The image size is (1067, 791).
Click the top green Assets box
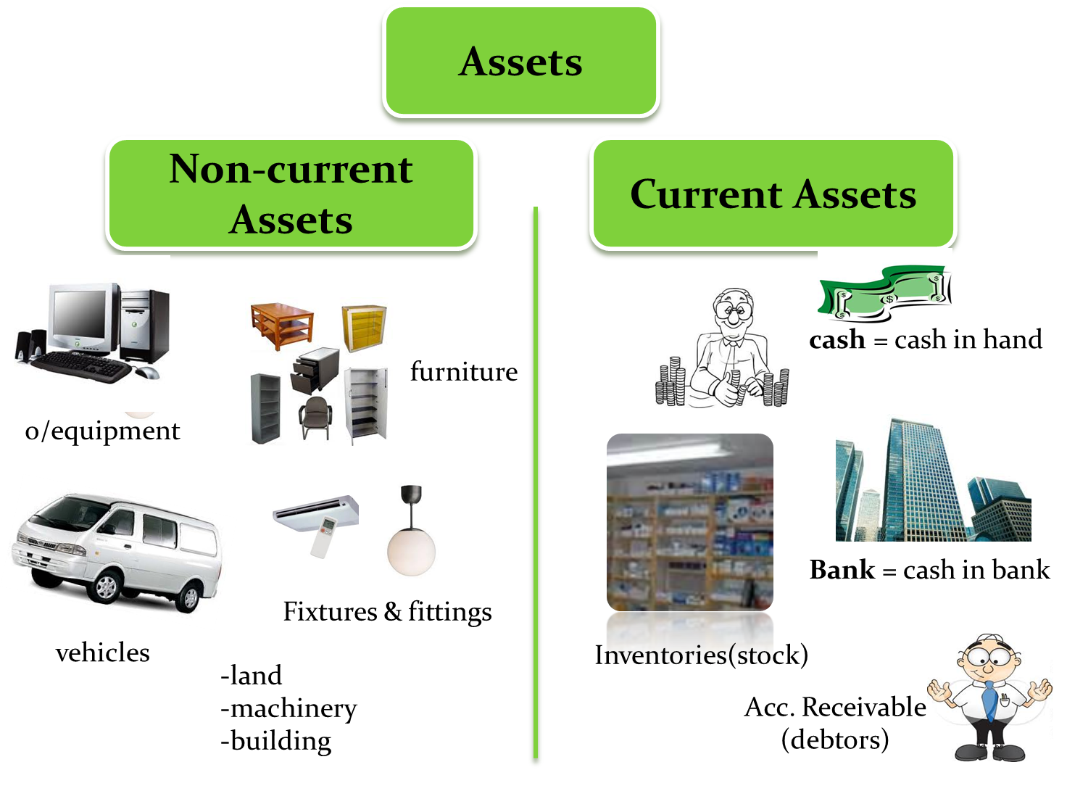(520, 62)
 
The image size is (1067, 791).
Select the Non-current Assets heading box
(291, 194)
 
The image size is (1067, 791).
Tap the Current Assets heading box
(773, 194)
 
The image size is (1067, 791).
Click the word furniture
(464, 372)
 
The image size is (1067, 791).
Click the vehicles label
(103, 653)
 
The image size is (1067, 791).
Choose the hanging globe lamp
(411, 547)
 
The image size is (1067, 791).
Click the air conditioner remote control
(323, 537)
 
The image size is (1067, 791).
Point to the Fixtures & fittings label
(387, 611)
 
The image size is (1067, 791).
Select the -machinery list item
(289, 708)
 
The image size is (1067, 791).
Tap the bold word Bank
(842, 570)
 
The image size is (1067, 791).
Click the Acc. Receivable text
(835, 707)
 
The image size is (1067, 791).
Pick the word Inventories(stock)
(700, 655)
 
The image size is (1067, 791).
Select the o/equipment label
(102, 431)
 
